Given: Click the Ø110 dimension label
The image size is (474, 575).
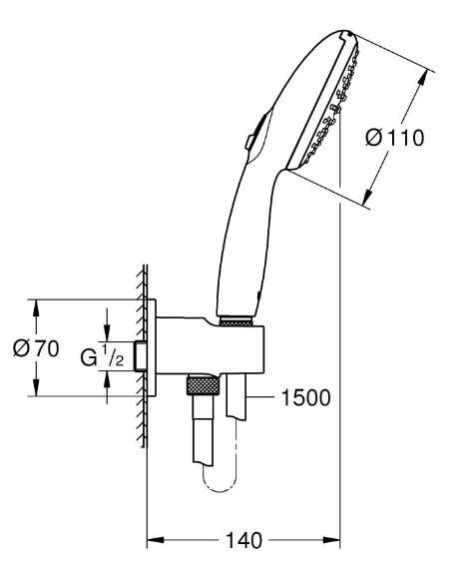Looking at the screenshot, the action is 395,138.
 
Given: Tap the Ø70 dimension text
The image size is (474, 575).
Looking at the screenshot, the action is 36,348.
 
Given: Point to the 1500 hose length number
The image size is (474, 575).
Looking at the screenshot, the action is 305,397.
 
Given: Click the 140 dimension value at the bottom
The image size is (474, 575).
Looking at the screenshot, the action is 243,540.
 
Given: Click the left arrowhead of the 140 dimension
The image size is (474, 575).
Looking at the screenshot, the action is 155,540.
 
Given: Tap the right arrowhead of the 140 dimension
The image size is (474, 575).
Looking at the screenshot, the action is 331,540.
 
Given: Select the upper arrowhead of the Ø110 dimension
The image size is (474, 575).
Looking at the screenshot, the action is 423,77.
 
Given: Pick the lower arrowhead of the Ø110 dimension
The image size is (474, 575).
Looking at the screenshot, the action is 367,197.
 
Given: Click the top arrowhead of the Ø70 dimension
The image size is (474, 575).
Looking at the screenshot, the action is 36,307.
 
